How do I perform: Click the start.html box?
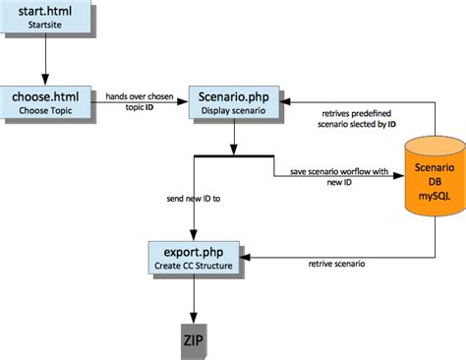tap(46, 18)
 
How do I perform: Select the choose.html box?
tap(46, 102)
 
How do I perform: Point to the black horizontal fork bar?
tap(234, 155)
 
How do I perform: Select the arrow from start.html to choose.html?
tap(46, 61)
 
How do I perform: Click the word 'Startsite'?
tap(46, 26)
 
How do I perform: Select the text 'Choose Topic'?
tap(46, 110)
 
